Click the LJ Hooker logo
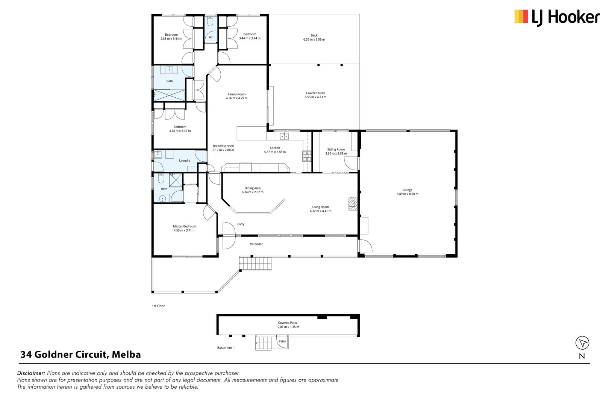556,17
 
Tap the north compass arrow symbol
582,343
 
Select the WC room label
211,37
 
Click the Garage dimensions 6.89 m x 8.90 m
407,194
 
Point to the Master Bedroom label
184,226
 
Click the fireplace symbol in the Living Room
352,203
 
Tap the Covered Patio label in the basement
288,323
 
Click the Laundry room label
185,161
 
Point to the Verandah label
256,244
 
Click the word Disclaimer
31,373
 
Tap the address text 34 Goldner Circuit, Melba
80,354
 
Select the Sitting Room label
336,149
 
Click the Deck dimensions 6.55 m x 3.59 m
314,39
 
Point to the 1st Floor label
158,306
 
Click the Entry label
241,224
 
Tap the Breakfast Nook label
223,146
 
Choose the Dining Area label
252,188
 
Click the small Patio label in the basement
282,341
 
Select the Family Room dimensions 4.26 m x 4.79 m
236,98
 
